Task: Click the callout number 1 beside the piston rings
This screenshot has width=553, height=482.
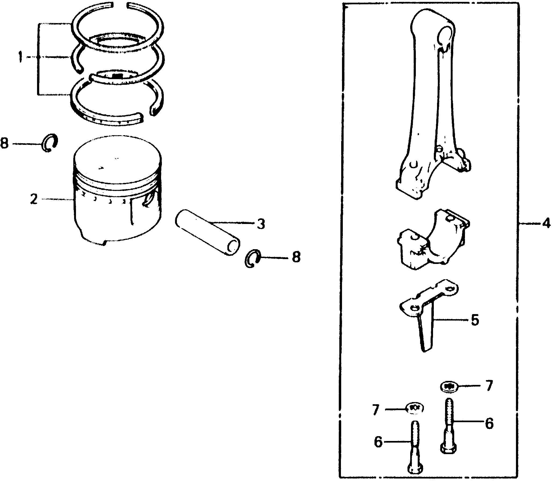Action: coord(20,57)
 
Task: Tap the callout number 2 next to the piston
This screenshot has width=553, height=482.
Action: coord(34,199)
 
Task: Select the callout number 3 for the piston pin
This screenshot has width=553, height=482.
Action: coord(260,223)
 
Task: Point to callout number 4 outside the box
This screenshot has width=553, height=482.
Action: coord(546,223)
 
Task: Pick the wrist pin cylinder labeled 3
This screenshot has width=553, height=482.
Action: coord(207,233)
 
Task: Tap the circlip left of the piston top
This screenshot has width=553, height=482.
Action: coord(50,143)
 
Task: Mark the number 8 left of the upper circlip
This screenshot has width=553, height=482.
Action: coord(4,143)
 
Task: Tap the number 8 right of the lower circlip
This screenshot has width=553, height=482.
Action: coord(296,257)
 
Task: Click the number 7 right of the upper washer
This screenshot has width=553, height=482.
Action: coord(489,385)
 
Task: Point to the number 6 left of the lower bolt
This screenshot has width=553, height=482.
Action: coord(378,442)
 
